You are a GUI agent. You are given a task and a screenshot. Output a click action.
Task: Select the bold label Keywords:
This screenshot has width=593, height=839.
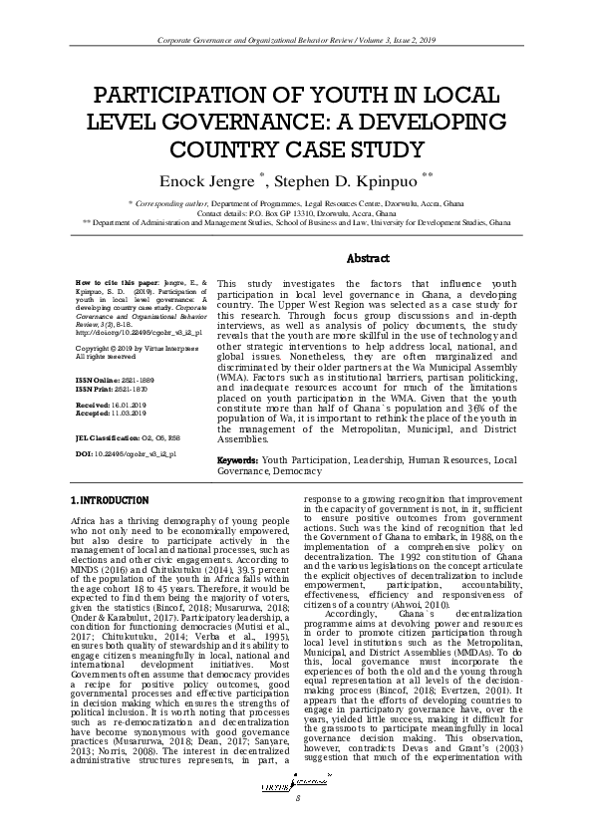click(238, 460)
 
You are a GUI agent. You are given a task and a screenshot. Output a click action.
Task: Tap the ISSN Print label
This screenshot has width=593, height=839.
click(94, 389)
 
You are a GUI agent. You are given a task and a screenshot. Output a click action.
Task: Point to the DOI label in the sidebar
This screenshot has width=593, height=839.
click(84, 453)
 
